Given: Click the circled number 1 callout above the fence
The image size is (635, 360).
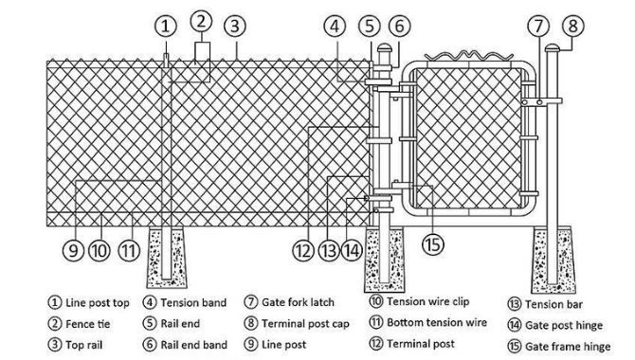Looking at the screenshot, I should point(166,26).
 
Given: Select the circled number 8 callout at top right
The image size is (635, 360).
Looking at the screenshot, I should point(570,27).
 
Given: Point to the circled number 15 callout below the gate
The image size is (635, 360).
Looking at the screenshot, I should point(432,245).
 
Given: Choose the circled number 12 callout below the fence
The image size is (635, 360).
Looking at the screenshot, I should point(302,251).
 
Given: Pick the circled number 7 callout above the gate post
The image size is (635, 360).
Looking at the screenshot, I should point(537,26).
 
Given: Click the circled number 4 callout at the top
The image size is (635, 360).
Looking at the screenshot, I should point(334,26).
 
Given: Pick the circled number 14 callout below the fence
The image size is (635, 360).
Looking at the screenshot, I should point(352,251).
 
